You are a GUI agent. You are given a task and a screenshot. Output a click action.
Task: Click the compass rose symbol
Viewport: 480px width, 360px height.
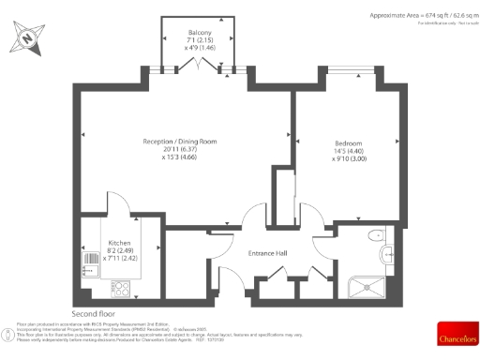point(27,38)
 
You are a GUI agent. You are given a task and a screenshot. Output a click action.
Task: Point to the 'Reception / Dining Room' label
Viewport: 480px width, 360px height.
point(179,141)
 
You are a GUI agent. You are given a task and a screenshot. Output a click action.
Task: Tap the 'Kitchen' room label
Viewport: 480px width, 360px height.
point(119,241)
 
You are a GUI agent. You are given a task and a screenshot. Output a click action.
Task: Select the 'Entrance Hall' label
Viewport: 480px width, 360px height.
point(267,254)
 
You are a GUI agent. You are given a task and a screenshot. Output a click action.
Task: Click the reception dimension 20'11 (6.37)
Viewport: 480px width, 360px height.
point(179,149)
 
